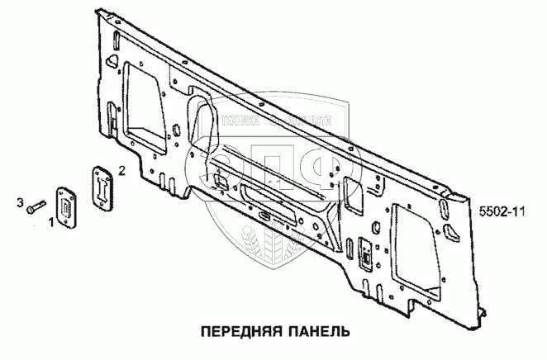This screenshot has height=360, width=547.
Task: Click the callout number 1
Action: [51, 222]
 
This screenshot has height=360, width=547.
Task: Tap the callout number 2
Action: [122, 171]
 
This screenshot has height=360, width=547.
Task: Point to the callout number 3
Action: [18, 201]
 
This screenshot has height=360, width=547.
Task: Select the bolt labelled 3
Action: [36, 207]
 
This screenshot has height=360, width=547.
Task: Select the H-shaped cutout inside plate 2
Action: [101, 187]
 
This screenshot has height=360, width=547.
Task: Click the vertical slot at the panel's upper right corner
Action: [446, 223]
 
